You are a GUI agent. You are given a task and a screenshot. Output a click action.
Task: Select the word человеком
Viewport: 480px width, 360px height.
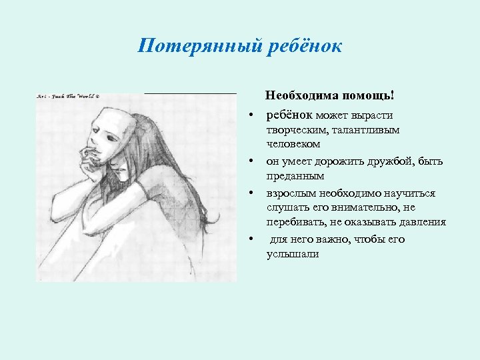coord(293,145)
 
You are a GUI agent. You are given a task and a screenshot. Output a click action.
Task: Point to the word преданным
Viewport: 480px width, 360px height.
coord(295,176)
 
